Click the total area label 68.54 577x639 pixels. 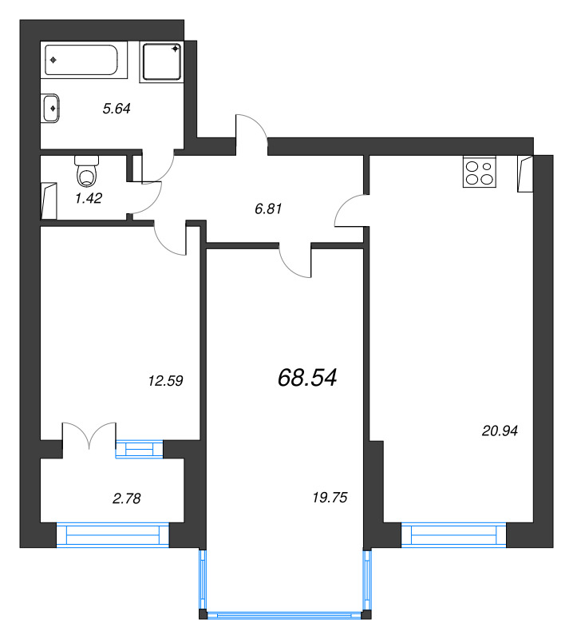click(307, 377)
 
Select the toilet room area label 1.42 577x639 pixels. click(88, 198)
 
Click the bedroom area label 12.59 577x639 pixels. click(166, 381)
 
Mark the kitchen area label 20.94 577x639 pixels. click(500, 431)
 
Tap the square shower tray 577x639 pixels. click(162, 62)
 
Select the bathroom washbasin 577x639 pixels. click(51, 107)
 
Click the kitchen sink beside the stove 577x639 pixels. click(524, 173)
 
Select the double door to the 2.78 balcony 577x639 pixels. click(89, 435)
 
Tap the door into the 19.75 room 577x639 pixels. click(294, 260)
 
